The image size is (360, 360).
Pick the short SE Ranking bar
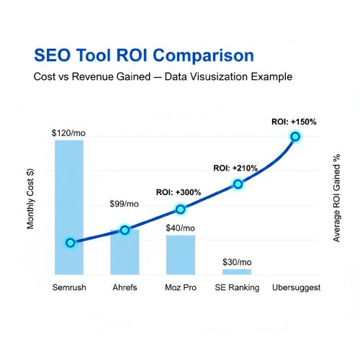point(237,271)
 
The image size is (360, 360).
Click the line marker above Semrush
point(70,243)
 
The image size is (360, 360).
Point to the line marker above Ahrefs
point(125,230)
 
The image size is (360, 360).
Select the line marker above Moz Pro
point(181,210)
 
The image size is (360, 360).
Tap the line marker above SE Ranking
point(238,184)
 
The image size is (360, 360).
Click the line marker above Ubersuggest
point(294,136)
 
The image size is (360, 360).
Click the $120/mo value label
point(69,133)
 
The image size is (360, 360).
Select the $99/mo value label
point(124,204)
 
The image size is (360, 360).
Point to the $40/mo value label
point(180,228)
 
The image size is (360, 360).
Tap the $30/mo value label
point(237,261)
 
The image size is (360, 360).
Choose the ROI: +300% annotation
point(179,193)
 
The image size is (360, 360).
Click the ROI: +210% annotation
point(235,168)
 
